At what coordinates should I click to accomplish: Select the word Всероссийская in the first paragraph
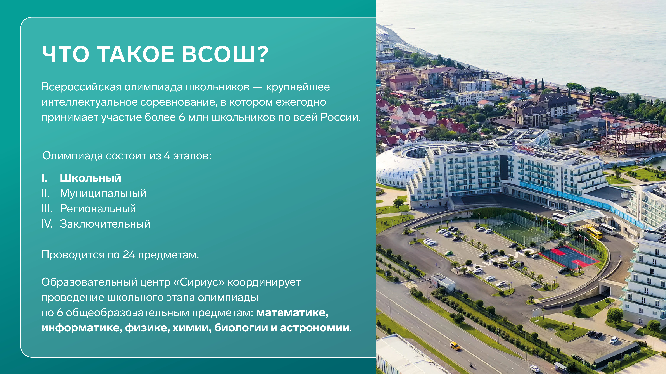point(81,87)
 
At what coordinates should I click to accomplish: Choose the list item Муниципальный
point(103,193)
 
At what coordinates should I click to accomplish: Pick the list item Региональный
point(98,209)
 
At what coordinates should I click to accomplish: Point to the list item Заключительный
point(105,224)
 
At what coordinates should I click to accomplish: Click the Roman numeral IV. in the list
point(47,224)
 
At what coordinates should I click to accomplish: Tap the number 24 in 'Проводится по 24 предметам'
point(129,255)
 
